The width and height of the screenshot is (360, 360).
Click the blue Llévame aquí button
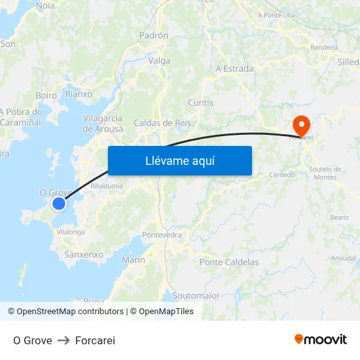click(x=179, y=161)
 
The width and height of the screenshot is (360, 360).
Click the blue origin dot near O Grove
click(x=59, y=204)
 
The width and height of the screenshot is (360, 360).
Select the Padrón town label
click(x=154, y=36)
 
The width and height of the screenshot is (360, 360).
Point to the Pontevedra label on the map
click(x=162, y=234)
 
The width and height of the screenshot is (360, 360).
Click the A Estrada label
click(x=234, y=69)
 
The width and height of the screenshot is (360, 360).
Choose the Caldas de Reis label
click(x=162, y=123)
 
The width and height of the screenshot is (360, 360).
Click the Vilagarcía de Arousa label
click(x=103, y=124)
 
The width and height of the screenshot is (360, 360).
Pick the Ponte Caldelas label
click(x=229, y=262)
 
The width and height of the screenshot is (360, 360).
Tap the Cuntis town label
click(x=200, y=103)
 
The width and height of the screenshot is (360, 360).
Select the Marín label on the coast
click(x=134, y=261)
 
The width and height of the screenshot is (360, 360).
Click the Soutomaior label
click(x=196, y=296)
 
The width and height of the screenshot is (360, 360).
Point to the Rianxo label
click(x=79, y=94)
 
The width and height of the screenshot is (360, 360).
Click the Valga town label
click(x=160, y=61)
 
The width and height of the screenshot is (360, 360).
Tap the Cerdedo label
click(x=282, y=175)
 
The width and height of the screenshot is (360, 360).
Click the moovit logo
click(x=321, y=340)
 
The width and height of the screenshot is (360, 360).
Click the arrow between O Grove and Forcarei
click(x=63, y=340)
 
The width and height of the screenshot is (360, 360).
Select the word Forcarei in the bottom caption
click(x=95, y=340)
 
